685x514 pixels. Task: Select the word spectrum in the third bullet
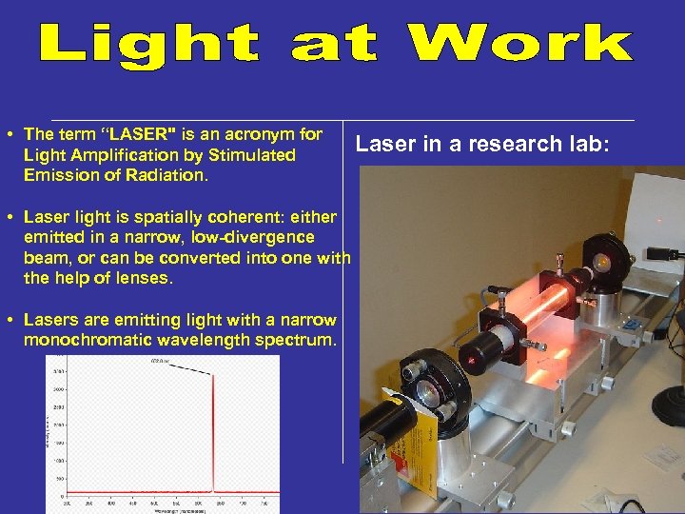click(x=299, y=339)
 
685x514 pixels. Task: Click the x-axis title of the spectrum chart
click(x=172, y=510)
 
